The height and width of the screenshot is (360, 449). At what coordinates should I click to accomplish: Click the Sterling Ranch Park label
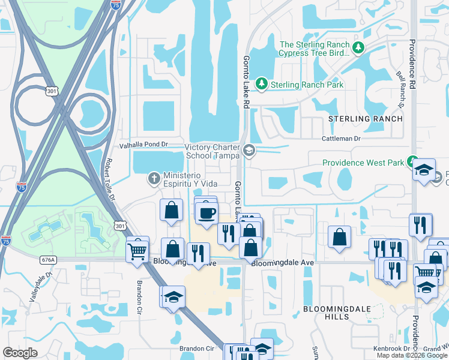tap(307, 85)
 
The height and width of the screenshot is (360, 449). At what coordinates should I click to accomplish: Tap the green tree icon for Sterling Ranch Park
tap(261, 84)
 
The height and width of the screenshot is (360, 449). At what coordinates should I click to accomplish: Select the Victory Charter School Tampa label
tap(212, 151)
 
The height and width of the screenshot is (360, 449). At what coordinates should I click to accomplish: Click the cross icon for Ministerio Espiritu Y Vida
tap(154, 178)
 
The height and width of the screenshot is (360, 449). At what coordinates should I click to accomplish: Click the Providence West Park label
tap(363, 163)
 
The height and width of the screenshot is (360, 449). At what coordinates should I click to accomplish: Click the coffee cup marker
tap(207, 213)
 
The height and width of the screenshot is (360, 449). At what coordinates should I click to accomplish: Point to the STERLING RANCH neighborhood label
tap(366, 119)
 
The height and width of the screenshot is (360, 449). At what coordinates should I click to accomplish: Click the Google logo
tap(20, 353)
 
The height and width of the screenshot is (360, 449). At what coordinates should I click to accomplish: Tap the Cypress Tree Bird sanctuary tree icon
tap(358, 47)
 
